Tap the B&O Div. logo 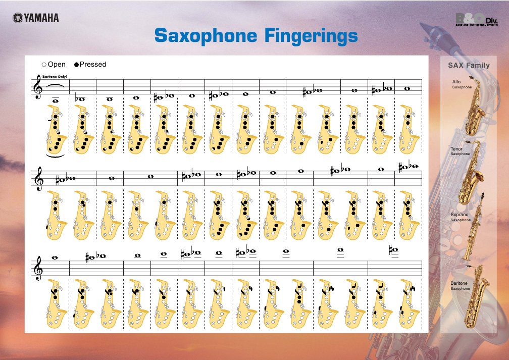pyautogui.click(x=476, y=19)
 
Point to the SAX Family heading pyautogui.click(x=469, y=66)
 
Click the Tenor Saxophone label pyautogui.click(x=460, y=151)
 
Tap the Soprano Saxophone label pyautogui.click(x=460, y=217)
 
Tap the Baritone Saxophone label pyautogui.click(x=460, y=286)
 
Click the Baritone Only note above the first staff pyautogui.click(x=55, y=77)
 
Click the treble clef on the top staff pyautogui.click(x=37, y=87)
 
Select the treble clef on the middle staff pyautogui.click(x=37, y=179)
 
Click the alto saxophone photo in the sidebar pyautogui.click(x=474, y=106)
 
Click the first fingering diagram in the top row pyautogui.click(x=56, y=129)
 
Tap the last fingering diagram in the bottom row pyautogui.click(x=408, y=303)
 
